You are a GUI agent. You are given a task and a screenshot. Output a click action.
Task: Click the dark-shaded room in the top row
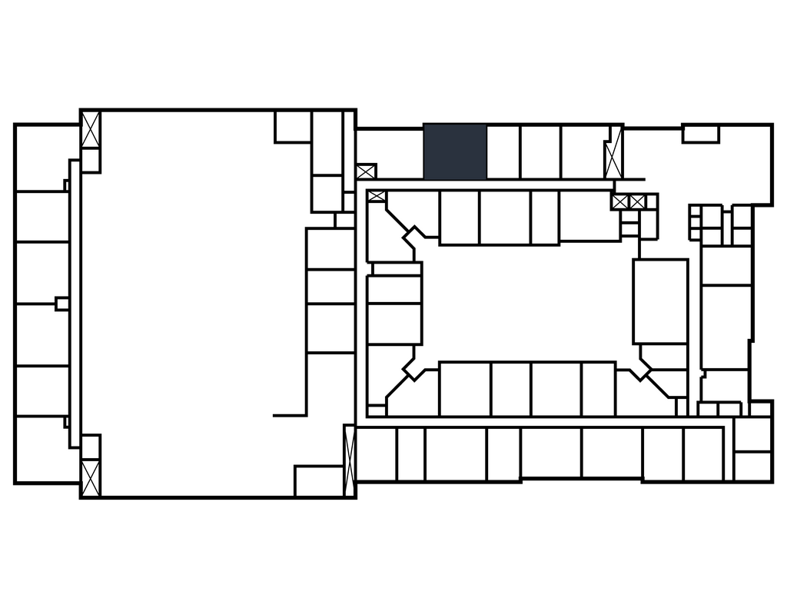click(x=455, y=151)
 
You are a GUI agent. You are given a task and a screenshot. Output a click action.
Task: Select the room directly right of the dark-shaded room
click(x=503, y=152)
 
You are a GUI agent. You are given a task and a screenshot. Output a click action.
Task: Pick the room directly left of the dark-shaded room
click(x=390, y=154)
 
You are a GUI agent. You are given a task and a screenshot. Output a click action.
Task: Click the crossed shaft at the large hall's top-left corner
click(x=91, y=130)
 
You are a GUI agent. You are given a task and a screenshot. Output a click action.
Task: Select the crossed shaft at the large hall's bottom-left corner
click(x=91, y=477)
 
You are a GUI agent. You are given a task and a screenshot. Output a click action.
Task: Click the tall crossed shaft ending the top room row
click(x=613, y=152)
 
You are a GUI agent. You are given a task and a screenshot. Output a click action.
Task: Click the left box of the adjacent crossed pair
click(x=620, y=202)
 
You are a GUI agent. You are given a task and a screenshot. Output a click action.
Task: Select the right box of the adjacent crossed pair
click(x=637, y=202)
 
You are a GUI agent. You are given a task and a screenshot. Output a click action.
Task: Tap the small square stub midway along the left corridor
click(x=61, y=304)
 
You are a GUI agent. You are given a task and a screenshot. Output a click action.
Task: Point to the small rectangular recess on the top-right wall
click(x=700, y=135)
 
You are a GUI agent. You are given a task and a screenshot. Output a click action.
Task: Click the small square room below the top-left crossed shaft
click(x=91, y=160)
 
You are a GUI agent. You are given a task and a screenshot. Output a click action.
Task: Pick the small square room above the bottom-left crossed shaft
click(x=91, y=447)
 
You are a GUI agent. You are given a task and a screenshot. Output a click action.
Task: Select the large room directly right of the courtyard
click(x=660, y=301)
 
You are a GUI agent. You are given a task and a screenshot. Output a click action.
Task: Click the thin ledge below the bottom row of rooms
click(x=582, y=481)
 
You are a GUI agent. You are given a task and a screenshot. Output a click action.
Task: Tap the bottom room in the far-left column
click(x=42, y=449)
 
